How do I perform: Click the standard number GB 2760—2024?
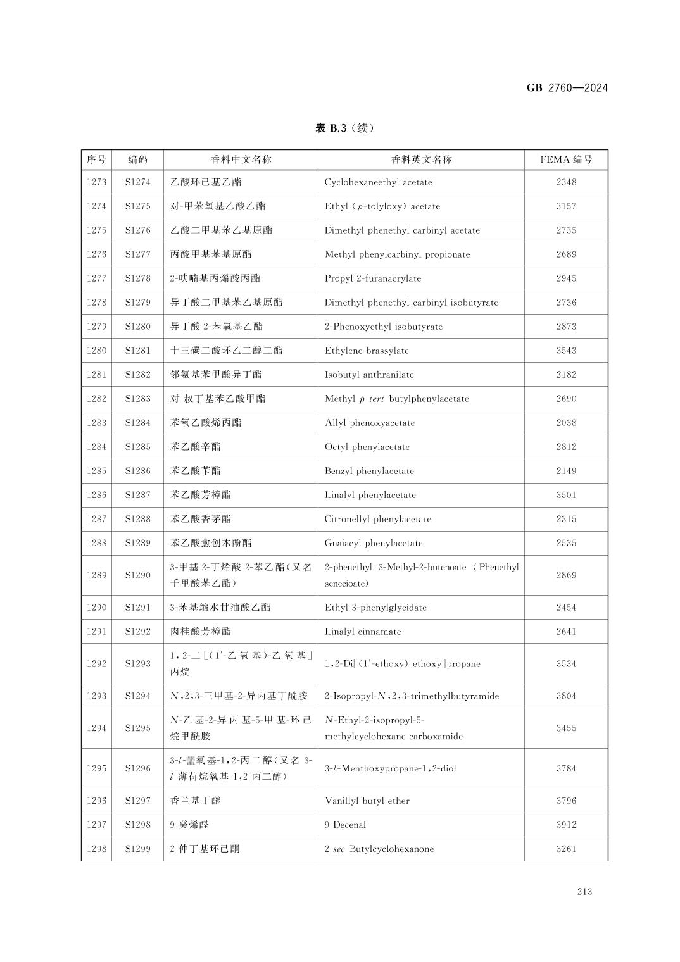coord(567,88)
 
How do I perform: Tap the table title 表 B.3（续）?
coord(344,128)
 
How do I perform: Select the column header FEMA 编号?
coord(566,159)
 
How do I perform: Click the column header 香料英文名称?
coord(421,159)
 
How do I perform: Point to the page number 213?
coord(584,892)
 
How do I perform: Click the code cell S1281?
coord(137,351)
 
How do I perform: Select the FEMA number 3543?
coord(566,351)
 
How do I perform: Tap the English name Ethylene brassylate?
coord(367,351)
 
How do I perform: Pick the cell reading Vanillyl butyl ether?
coord(367,801)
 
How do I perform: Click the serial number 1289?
coord(96,575)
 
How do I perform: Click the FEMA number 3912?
coord(566,825)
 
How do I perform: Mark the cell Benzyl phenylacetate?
coord(369,471)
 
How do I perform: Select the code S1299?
coord(137,849)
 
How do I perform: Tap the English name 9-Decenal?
coord(345,825)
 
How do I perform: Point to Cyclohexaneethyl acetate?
coord(378,182)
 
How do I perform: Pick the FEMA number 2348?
coord(566,182)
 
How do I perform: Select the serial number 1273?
coord(96,182)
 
